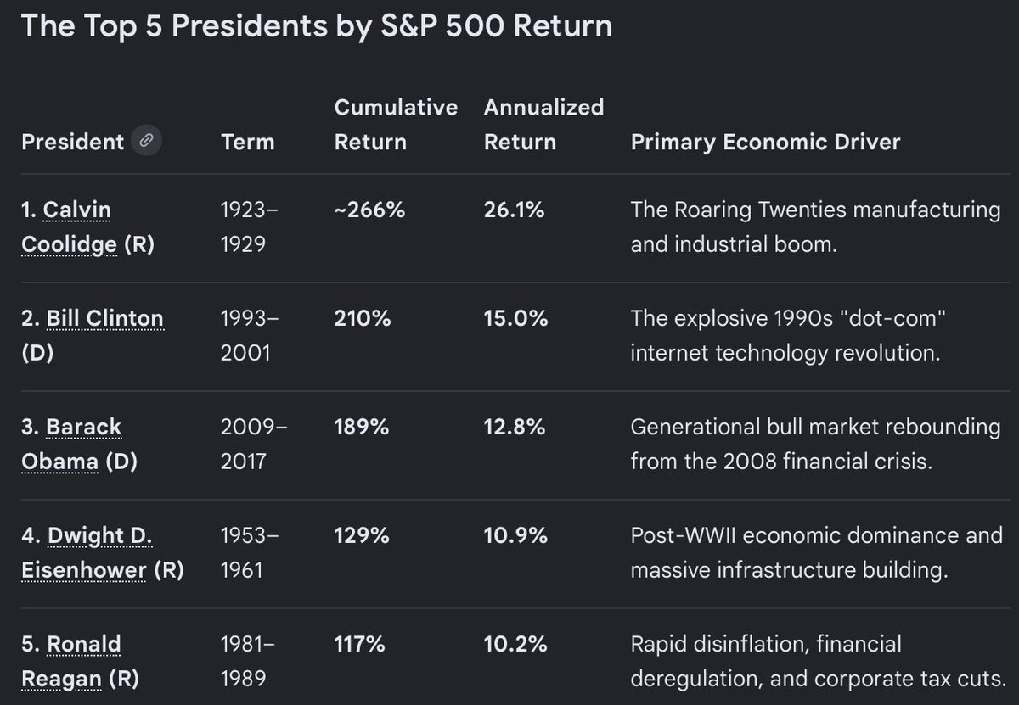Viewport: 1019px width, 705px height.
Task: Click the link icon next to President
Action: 146,140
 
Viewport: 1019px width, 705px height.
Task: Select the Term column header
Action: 248,142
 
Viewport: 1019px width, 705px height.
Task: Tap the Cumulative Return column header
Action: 397,125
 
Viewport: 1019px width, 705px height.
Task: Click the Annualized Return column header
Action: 544,125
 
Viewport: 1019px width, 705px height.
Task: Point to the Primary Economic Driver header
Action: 766,143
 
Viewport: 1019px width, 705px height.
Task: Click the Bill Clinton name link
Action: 104,318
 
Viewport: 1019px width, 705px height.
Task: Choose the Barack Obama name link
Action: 71,444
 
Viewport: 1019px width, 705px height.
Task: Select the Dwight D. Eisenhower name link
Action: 87,553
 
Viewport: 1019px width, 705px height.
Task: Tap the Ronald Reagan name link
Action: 71,662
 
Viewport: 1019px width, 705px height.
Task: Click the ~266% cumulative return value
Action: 369,210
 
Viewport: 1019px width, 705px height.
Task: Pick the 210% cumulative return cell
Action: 363,318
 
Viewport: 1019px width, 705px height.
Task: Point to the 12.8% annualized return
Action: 515,427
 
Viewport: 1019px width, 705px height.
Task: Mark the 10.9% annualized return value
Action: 516,535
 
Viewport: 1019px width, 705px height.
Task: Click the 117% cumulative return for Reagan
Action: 360,644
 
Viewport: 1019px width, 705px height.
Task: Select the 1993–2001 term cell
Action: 250,335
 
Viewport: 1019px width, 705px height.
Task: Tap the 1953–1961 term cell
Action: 250,553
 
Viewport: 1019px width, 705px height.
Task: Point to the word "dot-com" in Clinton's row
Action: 892,318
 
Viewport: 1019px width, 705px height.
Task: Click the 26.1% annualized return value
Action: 514,210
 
